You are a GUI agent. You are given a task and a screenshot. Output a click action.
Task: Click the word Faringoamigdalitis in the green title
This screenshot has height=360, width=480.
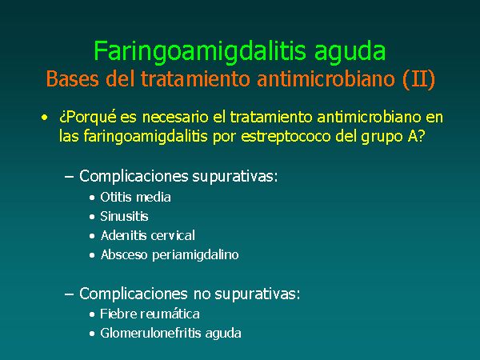200,51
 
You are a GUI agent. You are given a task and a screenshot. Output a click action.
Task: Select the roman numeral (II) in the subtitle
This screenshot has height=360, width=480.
418,79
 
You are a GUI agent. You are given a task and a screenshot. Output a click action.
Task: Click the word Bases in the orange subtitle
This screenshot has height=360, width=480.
73,78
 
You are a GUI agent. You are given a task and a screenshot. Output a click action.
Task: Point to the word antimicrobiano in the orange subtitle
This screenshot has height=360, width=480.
326,78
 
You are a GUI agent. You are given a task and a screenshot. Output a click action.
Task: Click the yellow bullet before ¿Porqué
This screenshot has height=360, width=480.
45,118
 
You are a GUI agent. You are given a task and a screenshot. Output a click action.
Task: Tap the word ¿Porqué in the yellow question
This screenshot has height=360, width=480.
88,118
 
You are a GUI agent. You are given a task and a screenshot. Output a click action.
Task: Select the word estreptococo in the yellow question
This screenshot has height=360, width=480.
286,137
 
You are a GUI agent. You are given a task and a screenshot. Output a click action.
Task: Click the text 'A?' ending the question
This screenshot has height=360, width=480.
416,136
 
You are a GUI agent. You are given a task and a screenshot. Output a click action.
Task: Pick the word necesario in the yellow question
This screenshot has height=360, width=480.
175,118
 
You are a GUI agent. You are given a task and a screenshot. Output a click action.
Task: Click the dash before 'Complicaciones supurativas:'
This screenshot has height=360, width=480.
70,177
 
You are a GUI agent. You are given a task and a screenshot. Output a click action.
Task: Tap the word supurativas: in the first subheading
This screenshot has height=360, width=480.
234,177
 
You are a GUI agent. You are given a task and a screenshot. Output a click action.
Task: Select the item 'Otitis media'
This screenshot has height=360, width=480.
135,197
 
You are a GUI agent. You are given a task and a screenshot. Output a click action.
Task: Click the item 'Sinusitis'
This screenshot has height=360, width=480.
124,217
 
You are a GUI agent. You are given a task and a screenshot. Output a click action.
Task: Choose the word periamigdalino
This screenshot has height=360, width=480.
195,255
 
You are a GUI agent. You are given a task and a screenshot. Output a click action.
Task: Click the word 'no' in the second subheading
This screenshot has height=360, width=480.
202,294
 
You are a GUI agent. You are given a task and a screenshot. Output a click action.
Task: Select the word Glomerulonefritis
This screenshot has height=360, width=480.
150,333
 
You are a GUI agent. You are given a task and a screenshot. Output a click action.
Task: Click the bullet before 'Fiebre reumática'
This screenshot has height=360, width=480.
92,314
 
